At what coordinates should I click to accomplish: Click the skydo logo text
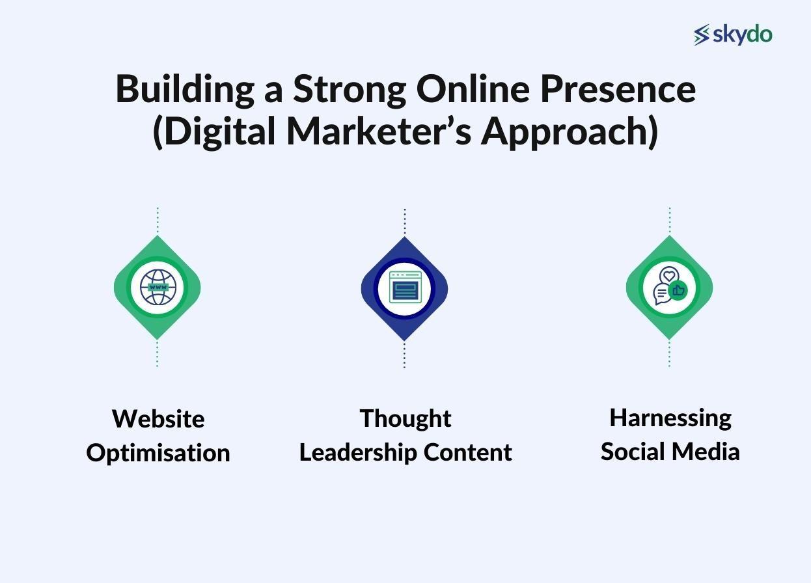click(742, 34)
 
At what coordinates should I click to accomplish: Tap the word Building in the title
click(185, 89)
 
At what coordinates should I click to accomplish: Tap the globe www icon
click(158, 288)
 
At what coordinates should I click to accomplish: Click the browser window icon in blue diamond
click(404, 288)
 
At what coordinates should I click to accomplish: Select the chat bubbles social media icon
click(669, 288)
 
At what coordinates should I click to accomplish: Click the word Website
click(158, 418)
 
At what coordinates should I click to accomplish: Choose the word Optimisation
click(158, 453)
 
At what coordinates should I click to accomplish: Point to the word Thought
click(405, 418)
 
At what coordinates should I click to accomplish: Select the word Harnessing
click(670, 418)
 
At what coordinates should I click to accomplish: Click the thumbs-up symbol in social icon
click(678, 290)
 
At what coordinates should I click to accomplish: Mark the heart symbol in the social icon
click(669, 276)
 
